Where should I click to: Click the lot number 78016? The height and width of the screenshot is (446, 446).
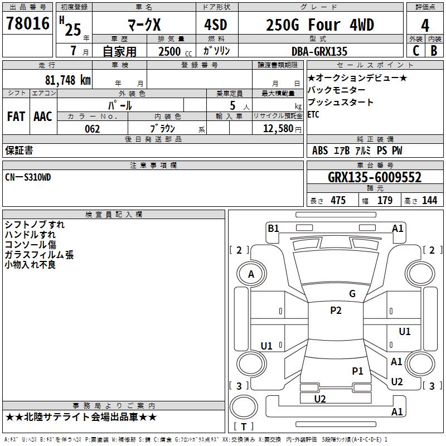(27, 23)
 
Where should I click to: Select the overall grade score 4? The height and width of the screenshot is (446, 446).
(425, 25)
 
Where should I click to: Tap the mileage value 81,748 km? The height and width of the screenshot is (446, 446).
(68, 80)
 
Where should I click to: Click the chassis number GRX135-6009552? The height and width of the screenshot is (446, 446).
(375, 177)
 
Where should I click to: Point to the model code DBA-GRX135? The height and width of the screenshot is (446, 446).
(319, 51)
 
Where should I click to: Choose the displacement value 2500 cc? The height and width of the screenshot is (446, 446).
(175, 51)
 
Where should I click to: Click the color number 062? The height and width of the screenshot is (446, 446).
(92, 129)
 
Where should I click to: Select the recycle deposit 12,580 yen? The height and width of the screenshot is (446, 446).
(282, 129)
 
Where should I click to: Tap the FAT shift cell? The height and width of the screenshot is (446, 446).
(16, 117)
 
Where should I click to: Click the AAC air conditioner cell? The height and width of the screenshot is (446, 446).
(43, 117)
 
